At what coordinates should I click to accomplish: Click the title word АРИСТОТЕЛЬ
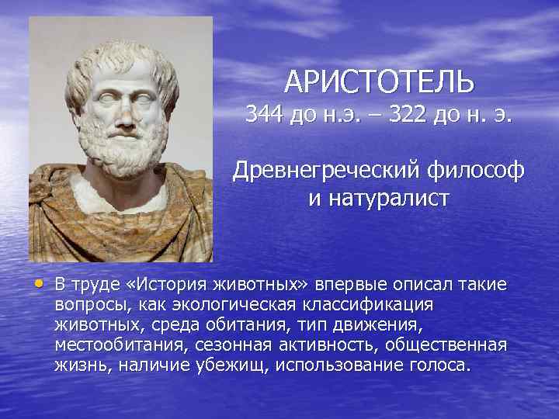tap(378, 80)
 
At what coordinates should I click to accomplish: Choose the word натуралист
tap(378, 198)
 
